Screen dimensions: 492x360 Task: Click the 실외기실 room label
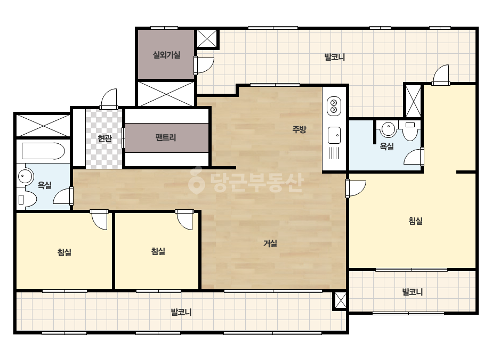coord(166,55)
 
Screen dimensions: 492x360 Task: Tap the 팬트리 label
coord(166,137)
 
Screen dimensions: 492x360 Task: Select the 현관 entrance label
coord(104,138)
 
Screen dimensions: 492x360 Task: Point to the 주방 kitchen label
coord(299,129)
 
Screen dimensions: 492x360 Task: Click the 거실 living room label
coord(270,243)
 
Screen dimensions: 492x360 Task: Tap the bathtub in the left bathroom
coord(43,151)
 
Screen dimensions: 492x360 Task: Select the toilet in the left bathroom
coord(27,199)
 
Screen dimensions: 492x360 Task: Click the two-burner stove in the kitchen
coord(334,106)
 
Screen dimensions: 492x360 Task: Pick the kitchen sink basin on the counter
coord(334,135)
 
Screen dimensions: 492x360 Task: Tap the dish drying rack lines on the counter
coord(334,153)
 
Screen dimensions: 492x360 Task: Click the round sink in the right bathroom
coord(389,128)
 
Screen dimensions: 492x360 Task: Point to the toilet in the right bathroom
coord(410,131)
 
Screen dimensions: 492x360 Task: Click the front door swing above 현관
coord(109,99)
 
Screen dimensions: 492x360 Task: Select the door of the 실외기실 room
coord(204,65)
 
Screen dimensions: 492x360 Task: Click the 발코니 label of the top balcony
coord(334,57)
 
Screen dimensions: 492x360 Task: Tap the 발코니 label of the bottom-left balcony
coord(181,312)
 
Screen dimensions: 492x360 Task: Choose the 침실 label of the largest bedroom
coord(415,221)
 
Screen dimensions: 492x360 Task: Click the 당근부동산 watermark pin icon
coord(197,181)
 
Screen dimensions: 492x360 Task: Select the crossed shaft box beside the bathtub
coord(43,125)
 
